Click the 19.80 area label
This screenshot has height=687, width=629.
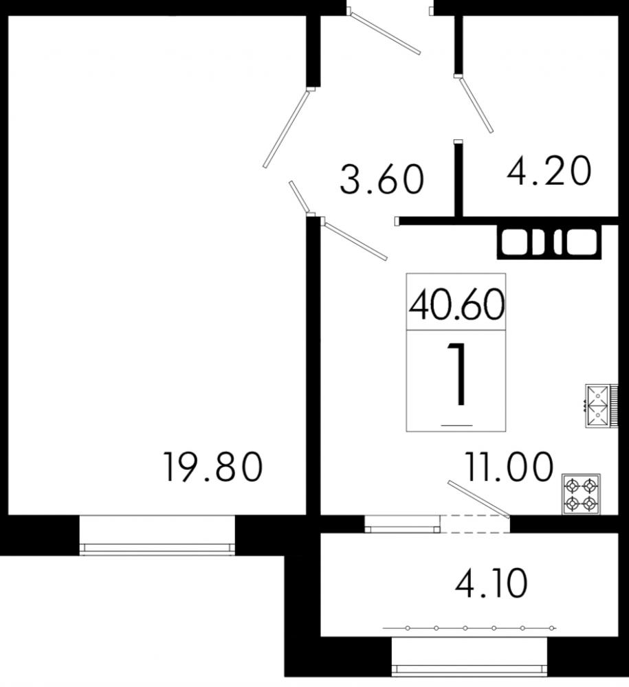pos(213,467)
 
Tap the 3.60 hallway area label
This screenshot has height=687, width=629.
pos(382,180)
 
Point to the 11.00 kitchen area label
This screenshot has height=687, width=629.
pos(509,468)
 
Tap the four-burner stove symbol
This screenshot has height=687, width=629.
pos(581,494)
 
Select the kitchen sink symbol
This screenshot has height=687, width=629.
pos(595,406)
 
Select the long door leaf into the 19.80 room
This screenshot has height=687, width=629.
pos(287,128)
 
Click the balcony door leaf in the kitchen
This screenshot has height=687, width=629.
pos(478,499)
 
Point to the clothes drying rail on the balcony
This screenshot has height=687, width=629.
pos(469,628)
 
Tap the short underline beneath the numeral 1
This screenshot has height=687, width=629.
pos(456,425)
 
